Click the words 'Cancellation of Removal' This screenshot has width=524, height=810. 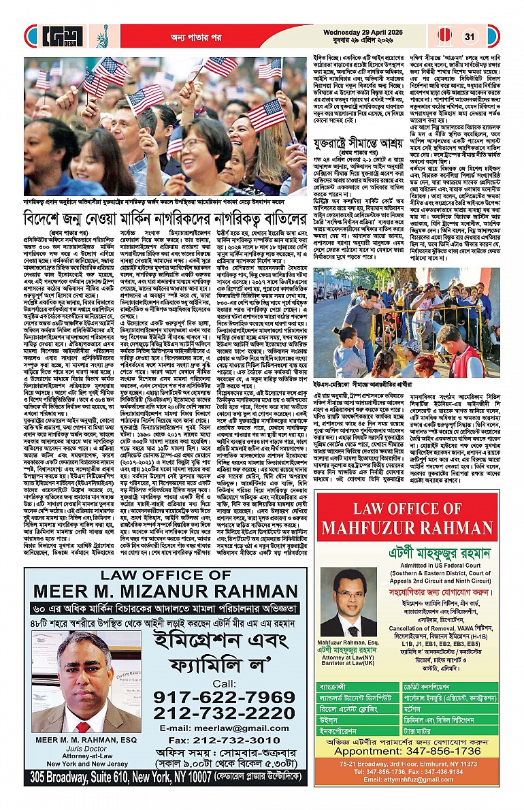click(x=422, y=623)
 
